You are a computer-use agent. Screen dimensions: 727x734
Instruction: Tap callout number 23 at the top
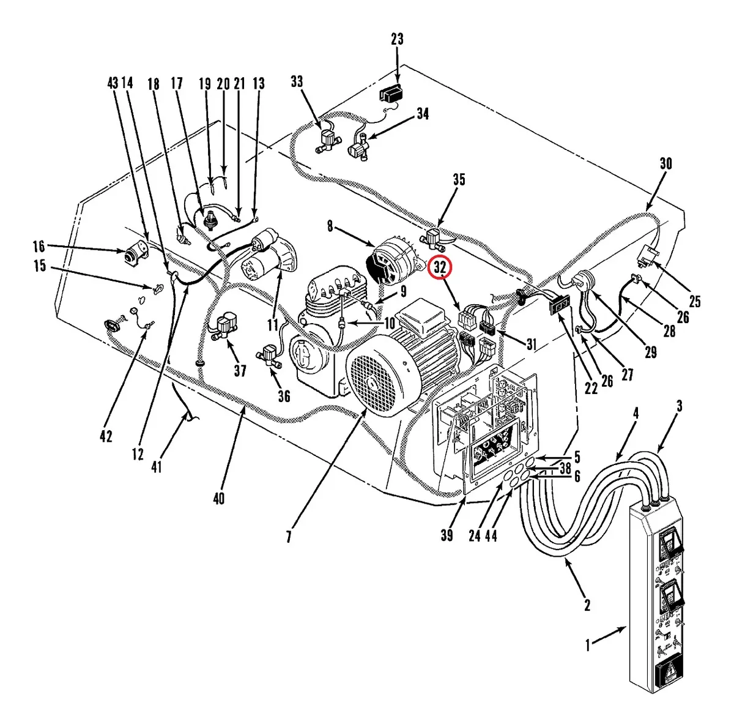click(x=397, y=40)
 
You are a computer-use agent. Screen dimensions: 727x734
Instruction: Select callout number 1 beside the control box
click(x=588, y=645)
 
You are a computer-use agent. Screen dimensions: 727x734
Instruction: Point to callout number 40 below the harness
click(x=218, y=499)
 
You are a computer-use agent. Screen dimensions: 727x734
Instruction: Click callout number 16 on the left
click(x=39, y=247)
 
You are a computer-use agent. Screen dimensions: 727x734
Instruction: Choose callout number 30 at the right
click(x=665, y=163)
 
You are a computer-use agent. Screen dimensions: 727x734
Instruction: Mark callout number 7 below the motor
click(x=288, y=537)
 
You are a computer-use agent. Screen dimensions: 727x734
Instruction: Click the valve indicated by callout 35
click(x=435, y=239)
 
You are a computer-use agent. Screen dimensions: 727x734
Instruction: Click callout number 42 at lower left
click(x=106, y=436)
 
